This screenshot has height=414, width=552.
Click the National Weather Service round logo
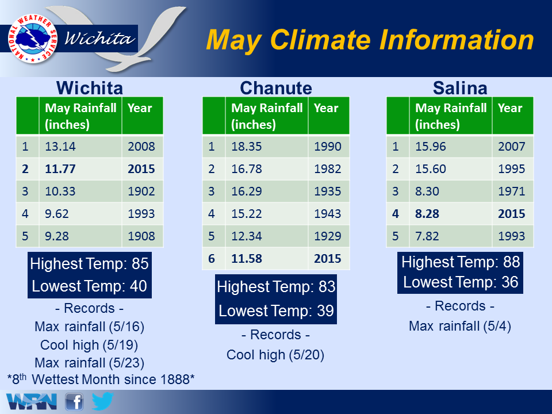33,39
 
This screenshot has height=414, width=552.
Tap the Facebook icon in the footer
74,402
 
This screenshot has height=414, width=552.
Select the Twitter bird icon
102,401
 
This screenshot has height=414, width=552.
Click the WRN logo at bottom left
31,402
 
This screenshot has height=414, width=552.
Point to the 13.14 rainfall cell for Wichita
60,147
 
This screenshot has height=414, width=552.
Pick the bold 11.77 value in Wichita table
60,169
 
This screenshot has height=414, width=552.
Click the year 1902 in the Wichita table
141,191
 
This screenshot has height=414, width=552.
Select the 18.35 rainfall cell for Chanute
247,147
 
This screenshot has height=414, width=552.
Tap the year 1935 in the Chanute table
327,191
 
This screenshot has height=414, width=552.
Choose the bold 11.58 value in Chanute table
247,259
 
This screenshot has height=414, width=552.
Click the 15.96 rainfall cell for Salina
431,147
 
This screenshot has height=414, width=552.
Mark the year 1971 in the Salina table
512,191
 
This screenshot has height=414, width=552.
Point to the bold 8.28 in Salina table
427,214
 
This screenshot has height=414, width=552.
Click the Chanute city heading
276,88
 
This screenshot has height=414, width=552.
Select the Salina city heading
460,88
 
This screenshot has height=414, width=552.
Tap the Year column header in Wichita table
140,108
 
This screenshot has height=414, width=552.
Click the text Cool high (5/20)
275,355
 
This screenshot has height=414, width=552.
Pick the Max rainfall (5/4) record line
460,326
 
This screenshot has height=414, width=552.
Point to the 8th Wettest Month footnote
101,379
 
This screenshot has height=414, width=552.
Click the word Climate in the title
320,40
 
